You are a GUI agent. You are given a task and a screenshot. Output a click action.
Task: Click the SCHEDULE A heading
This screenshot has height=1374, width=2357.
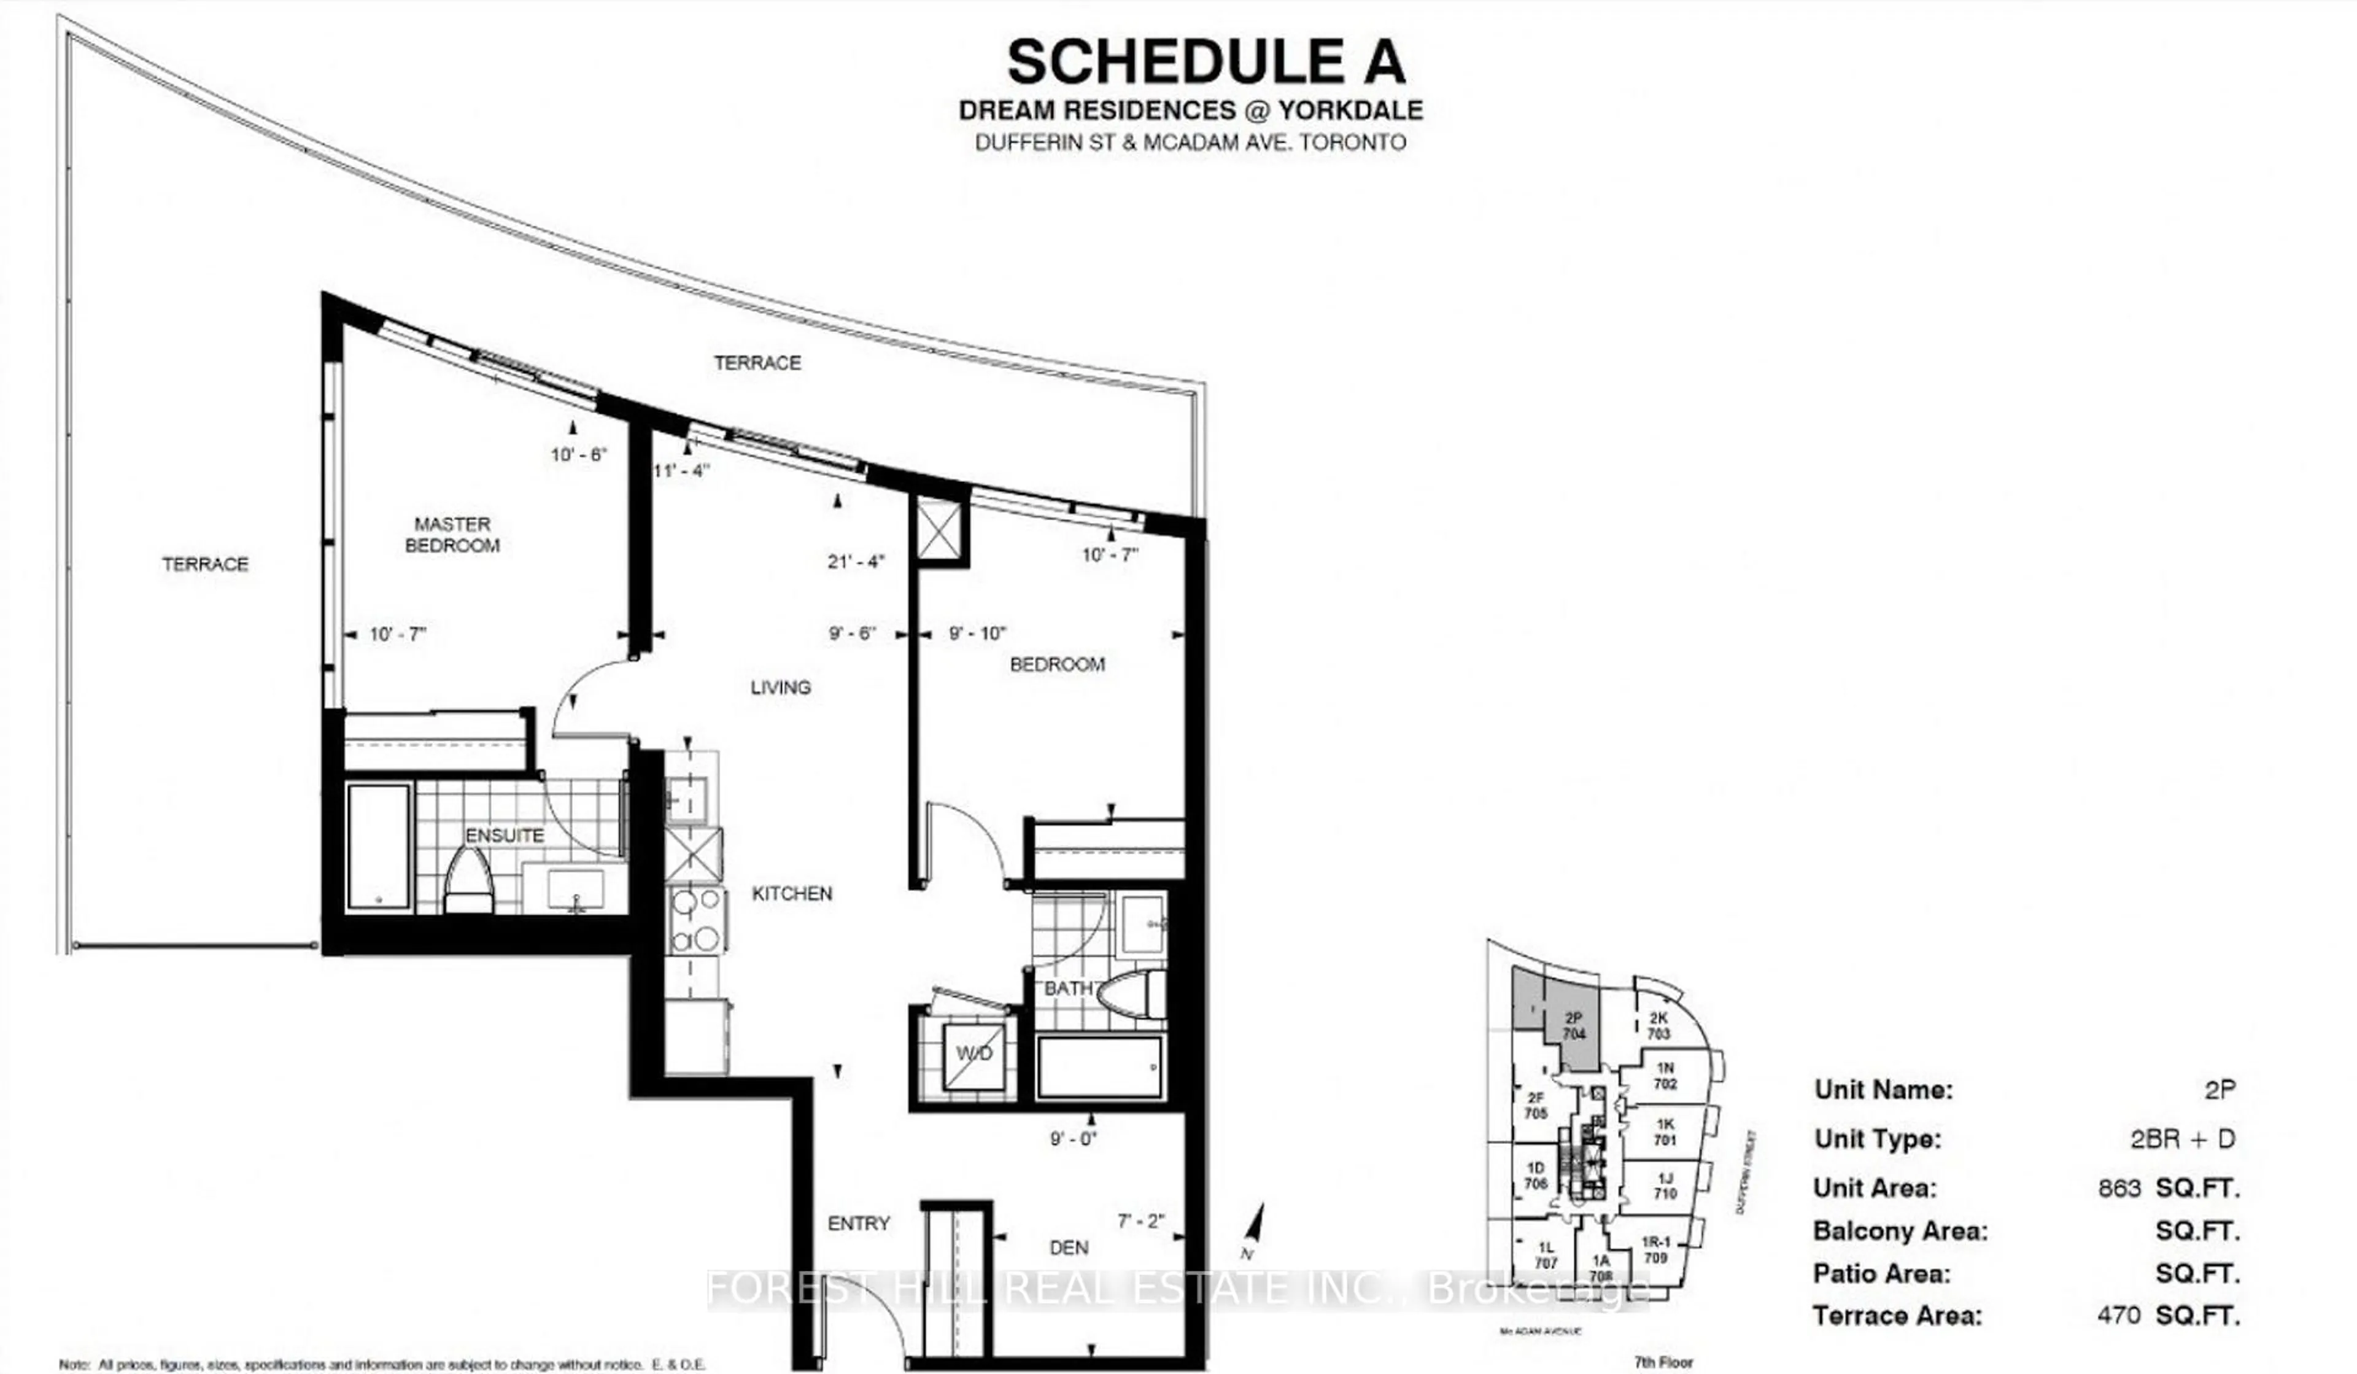(1206, 63)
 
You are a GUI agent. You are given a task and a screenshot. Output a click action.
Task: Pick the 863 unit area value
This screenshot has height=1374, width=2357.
(2118, 1189)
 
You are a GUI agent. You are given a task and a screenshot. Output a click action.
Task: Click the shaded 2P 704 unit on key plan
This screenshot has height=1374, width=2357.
(1574, 1027)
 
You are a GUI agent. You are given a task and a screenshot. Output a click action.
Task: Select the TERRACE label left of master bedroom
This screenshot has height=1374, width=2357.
(205, 564)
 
